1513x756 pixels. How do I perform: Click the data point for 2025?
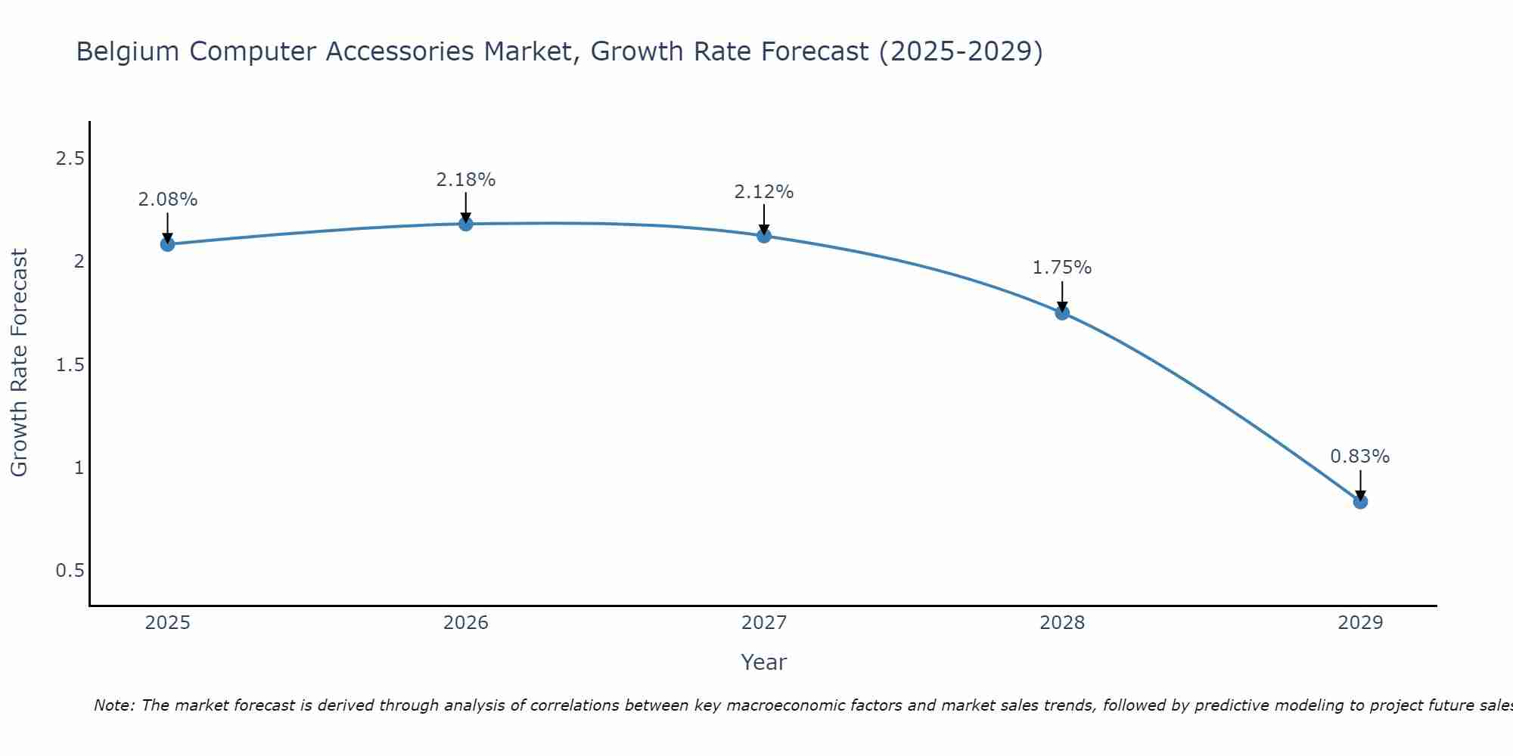[168, 244]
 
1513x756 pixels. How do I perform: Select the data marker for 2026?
[466, 224]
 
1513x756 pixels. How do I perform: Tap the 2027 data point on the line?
[764, 236]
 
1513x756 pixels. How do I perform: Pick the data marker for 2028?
[1062, 312]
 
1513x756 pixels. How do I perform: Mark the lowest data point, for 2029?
[1360, 501]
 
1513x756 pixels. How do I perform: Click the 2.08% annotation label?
[168, 200]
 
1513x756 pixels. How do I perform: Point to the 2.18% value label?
[466, 180]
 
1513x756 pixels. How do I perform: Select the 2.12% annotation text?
[764, 192]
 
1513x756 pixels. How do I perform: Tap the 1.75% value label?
[1062, 268]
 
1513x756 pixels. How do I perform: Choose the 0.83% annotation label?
[1360, 457]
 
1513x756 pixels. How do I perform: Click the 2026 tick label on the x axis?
[466, 623]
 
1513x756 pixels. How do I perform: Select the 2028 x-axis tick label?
[1062, 623]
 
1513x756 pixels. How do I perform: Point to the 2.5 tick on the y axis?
[70, 159]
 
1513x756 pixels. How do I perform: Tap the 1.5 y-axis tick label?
[70, 365]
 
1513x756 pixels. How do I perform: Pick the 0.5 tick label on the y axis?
[70, 571]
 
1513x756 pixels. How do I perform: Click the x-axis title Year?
[764, 662]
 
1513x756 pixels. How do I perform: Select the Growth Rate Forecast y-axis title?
[19, 363]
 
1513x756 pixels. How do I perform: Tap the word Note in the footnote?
[113, 705]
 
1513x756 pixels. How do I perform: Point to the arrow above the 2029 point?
[1360, 484]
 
